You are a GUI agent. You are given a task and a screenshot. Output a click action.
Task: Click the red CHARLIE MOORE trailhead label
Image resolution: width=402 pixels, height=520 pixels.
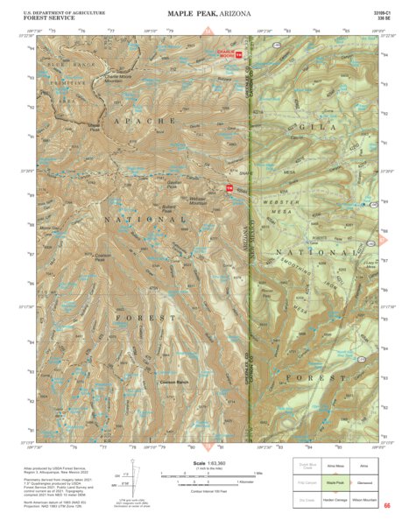[227, 54]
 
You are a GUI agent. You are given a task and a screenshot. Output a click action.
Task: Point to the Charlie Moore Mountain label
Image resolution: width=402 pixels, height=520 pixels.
[123, 79]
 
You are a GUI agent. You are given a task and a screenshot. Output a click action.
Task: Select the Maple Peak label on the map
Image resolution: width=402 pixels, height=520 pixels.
[94, 126]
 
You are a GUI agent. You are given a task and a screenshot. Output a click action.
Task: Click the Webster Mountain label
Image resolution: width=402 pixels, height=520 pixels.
[203, 200]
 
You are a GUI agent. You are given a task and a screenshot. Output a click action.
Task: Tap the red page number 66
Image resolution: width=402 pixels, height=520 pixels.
[385, 505]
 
